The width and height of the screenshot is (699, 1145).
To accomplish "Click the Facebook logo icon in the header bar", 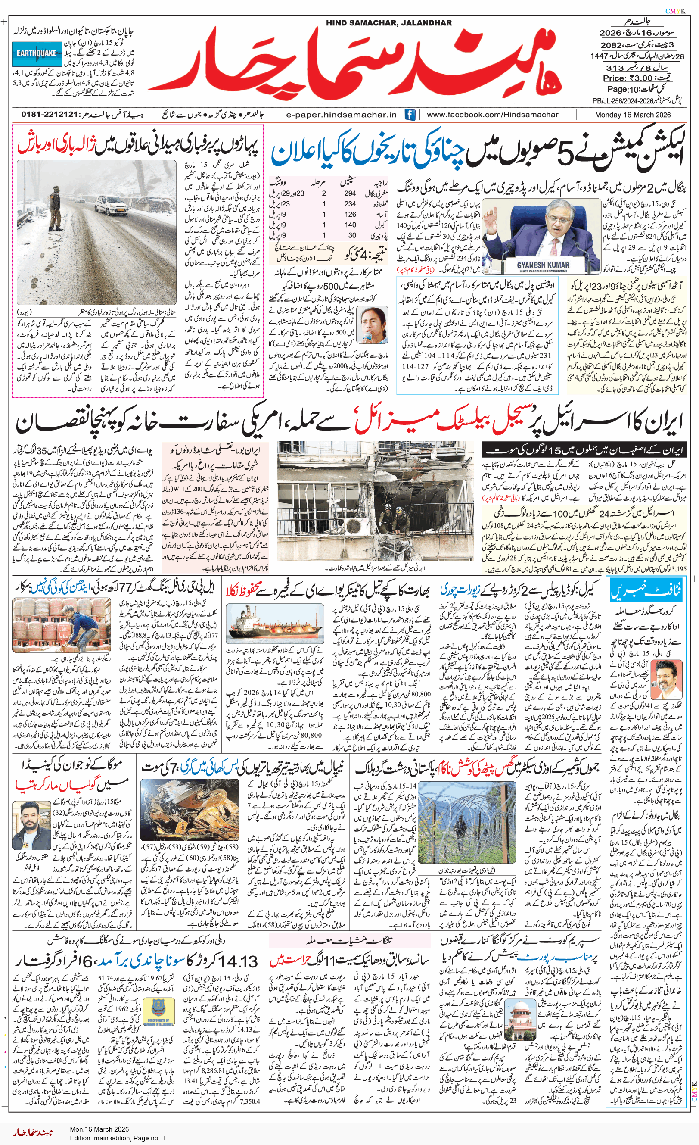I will point(410,114).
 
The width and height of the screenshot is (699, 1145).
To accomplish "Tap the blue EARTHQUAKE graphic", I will point(36,53).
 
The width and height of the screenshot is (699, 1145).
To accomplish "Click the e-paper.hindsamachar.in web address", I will point(341,114).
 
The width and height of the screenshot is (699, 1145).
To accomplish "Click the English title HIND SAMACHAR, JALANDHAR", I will point(388,23).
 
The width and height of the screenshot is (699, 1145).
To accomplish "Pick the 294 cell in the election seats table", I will point(350,193).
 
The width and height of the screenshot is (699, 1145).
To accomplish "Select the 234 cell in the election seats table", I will point(350,203).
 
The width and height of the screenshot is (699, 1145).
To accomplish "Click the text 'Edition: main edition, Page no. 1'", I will point(118,1138).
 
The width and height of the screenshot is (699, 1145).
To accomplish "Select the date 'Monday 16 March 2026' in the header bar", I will point(633,114).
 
